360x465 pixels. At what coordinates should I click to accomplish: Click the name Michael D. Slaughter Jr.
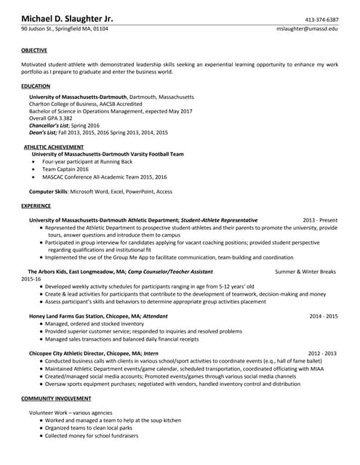(67, 18)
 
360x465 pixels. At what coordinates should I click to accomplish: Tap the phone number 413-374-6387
(321, 19)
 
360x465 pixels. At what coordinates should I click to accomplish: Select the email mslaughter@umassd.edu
(307, 28)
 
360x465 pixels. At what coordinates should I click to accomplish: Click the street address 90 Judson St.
(43, 28)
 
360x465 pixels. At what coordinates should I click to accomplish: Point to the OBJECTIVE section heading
(34, 50)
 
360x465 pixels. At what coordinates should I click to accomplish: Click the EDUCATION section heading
(36, 86)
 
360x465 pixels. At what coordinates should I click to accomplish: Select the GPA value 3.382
(65, 118)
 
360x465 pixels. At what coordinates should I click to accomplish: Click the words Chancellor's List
(54, 125)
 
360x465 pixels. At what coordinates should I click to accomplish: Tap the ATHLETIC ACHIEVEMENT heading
(54, 147)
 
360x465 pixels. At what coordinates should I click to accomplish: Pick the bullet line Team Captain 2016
(65, 169)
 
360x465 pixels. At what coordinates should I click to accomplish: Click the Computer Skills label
(48, 191)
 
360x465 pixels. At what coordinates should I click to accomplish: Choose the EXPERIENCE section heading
(36, 206)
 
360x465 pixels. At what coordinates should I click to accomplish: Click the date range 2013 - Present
(320, 219)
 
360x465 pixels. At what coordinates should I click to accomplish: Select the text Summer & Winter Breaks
(305, 271)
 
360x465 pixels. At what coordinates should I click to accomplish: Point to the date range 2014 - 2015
(324, 316)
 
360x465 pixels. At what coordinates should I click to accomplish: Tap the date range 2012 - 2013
(322, 353)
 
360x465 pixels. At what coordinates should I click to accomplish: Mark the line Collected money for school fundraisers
(92, 435)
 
